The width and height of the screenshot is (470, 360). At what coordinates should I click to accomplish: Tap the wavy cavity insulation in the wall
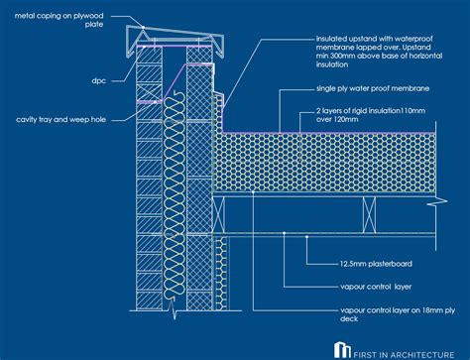tap(174, 198)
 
